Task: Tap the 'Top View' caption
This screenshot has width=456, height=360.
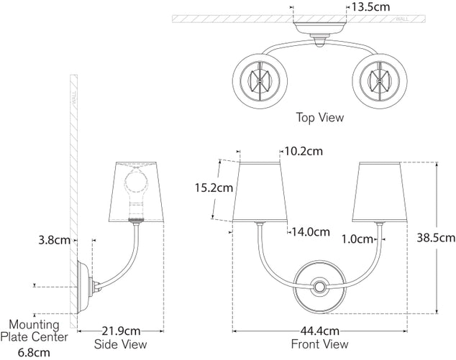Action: pyautogui.click(x=320, y=116)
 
